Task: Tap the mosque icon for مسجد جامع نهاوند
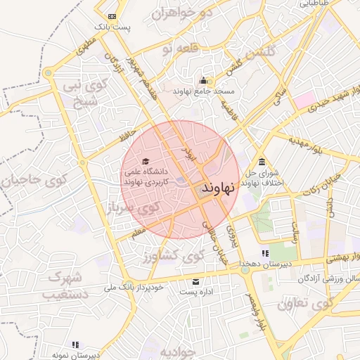point(204,80)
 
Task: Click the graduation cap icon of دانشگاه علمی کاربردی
point(146,162)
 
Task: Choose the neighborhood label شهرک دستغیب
point(67,285)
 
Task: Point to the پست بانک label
point(113,27)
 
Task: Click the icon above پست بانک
point(112,15)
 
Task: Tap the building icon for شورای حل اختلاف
point(262,161)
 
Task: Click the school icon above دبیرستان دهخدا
point(264,253)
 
